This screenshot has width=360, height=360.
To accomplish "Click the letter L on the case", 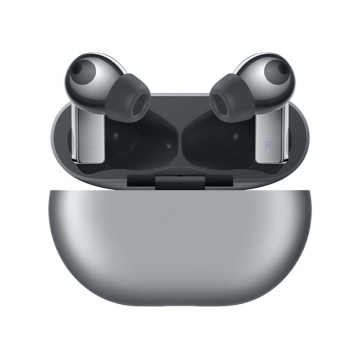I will click(x=92, y=145).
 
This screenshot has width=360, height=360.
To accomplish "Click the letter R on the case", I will click(x=268, y=145).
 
